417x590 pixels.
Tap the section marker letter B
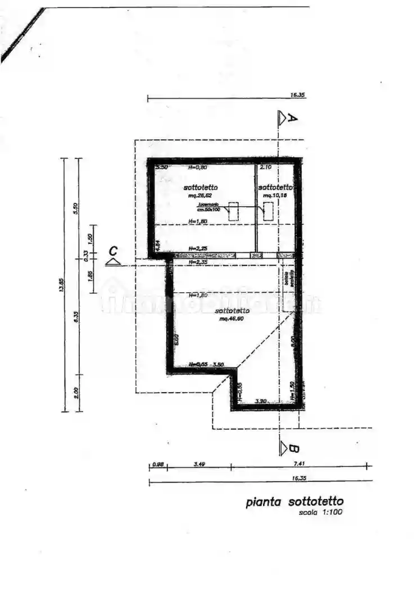click(293, 448)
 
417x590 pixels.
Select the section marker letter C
click(114, 250)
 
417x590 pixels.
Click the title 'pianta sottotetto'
click(294, 502)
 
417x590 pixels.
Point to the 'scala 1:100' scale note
click(320, 512)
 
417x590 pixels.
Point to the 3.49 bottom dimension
click(199, 464)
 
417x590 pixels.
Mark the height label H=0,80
click(198, 167)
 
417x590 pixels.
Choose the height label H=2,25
click(198, 248)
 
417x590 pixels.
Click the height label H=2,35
click(198, 262)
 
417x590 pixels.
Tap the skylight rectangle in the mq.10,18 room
click(269, 211)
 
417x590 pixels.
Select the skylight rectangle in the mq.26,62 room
click(233, 211)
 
